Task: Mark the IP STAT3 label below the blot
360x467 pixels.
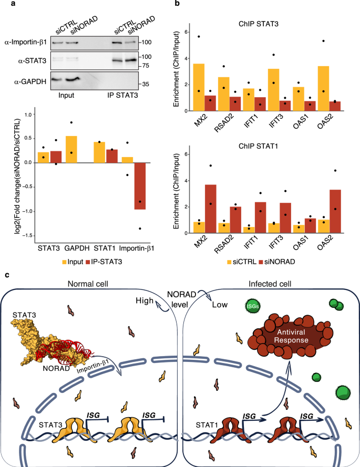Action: pyautogui.click(x=128, y=96)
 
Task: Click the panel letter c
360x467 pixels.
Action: pyautogui.click(x=5, y=275)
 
